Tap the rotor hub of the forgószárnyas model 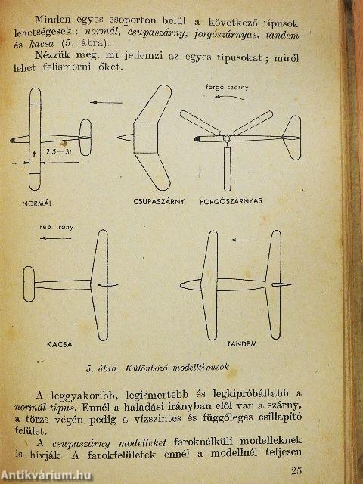pyautogui.click(x=226, y=138)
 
